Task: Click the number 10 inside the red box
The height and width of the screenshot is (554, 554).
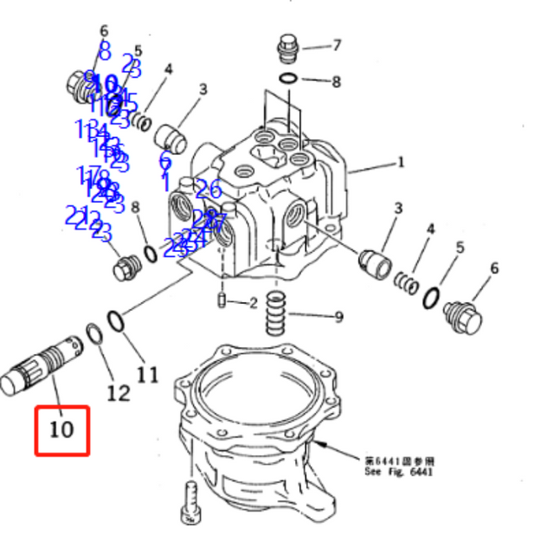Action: [x=61, y=428]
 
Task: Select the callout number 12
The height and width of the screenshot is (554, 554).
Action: [x=118, y=392]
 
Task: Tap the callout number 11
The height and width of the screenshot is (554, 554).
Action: [x=148, y=374]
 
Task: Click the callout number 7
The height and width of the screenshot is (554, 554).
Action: [x=337, y=45]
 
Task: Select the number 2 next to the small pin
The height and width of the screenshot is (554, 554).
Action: [x=253, y=303]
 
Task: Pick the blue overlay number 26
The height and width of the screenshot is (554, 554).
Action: [x=208, y=189]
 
